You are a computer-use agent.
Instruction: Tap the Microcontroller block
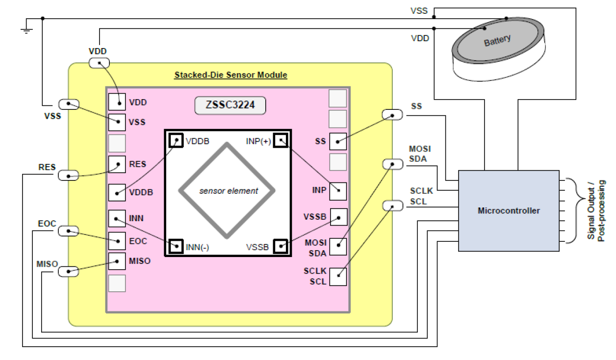click(508, 211)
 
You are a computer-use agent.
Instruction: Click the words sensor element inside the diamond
click(229, 191)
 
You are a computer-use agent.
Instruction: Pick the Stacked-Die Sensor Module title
click(231, 75)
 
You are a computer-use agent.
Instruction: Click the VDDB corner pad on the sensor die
click(175, 140)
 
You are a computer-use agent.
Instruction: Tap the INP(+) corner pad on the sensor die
click(280, 140)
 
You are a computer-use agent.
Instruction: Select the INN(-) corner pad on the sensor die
click(175, 246)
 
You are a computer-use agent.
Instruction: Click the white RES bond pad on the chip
click(117, 164)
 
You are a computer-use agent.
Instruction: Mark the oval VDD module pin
click(99, 63)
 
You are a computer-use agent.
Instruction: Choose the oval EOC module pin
click(68, 231)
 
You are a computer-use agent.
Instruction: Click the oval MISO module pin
click(68, 271)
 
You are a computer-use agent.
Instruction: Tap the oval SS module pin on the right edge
click(392, 115)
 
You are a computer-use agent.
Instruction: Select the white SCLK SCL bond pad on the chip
click(338, 277)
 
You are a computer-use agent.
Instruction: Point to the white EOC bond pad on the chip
click(117, 240)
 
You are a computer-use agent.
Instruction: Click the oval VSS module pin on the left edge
click(68, 104)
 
